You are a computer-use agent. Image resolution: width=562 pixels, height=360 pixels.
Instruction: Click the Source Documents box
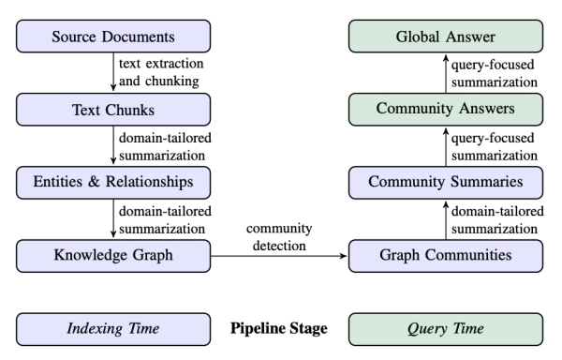[112, 37]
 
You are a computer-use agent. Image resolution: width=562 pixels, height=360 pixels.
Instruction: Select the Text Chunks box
[112, 109]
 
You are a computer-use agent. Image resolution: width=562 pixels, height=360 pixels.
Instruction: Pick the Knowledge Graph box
[112, 253]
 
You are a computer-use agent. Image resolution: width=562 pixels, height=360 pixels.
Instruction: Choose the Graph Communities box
[445, 253]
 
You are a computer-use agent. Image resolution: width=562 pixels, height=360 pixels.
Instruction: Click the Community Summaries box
[445, 181]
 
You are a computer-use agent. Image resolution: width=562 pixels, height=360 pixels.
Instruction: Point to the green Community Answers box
[445, 109]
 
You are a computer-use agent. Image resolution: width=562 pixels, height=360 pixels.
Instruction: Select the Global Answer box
[445, 37]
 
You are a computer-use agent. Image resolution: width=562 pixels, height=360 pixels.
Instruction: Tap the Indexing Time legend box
[112, 330]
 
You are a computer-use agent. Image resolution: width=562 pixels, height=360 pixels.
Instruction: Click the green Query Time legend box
[445, 330]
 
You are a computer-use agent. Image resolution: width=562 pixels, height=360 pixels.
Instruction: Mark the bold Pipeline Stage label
[279, 330]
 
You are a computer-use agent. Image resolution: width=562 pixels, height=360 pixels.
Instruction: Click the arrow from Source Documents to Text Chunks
[112, 73]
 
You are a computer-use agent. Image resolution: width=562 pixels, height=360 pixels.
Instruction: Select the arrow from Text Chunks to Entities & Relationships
[112, 145]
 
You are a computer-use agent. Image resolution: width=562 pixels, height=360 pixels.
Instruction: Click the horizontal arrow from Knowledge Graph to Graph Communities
[279, 253]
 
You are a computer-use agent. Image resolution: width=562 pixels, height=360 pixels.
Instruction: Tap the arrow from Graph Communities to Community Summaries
[445, 217]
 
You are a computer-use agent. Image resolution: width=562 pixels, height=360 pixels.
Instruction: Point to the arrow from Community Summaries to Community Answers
[445, 145]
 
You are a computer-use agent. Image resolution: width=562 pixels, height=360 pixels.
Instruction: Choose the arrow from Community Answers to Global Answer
[445, 73]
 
